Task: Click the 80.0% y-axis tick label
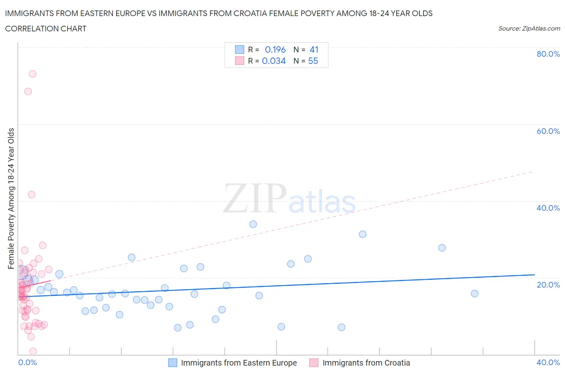(548, 54)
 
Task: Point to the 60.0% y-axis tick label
(548, 131)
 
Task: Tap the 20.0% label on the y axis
(548, 285)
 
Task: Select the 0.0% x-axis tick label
(27, 362)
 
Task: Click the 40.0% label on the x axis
(548, 362)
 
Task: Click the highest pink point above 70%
(33, 74)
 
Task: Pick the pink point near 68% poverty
(28, 91)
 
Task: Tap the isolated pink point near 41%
(32, 195)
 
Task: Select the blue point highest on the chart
(253, 224)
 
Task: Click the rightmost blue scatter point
(475, 294)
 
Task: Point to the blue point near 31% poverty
(362, 234)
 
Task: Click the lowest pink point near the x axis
(33, 351)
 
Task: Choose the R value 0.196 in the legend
(275, 49)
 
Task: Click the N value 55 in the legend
(313, 61)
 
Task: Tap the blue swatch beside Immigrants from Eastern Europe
(172, 363)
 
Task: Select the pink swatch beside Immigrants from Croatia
(314, 363)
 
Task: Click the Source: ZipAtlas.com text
(529, 29)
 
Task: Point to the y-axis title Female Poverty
(11, 198)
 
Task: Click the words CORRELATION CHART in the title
(46, 29)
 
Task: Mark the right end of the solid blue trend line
(534, 275)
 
